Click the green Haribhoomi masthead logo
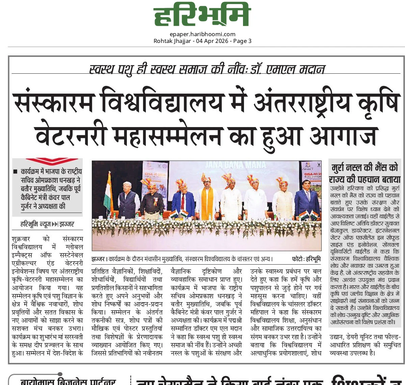tap(202, 15)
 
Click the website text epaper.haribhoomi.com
tap(202, 34)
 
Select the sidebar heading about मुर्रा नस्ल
tap(364, 173)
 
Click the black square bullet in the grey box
tap(15, 172)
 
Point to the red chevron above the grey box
tap(52, 162)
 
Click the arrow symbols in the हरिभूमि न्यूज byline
tap(55, 224)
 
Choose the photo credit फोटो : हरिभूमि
tap(306, 259)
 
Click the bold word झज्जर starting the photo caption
tap(98, 259)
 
